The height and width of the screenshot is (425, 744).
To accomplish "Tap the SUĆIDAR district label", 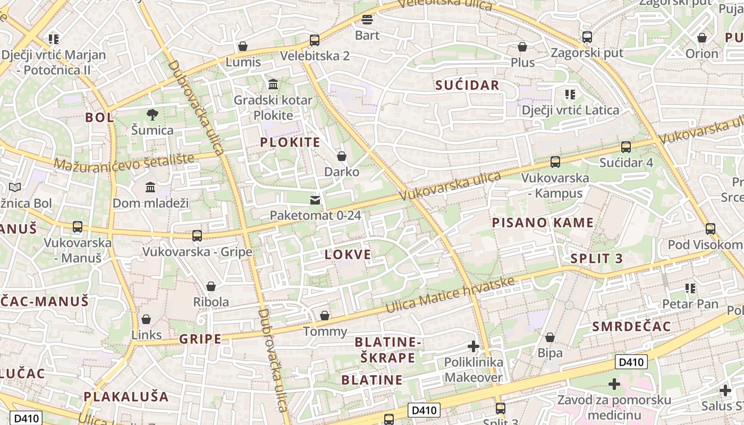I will click(467, 85).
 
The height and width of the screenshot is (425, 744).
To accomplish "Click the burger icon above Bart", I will click(367, 20).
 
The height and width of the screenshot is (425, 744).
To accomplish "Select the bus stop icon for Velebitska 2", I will click(315, 40).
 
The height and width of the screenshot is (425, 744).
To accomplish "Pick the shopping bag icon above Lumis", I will click(243, 47).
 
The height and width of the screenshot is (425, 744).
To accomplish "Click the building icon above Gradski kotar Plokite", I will click(273, 84).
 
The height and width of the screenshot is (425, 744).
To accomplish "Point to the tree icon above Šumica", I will click(152, 114).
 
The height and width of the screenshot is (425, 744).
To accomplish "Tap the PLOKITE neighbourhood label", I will click(290, 142).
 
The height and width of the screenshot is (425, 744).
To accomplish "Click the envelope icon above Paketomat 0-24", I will click(315, 200).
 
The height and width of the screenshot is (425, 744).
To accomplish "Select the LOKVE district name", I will click(348, 255).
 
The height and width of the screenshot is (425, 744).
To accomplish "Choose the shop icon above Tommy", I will click(325, 316).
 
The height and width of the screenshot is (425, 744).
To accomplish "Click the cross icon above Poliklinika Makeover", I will click(473, 347).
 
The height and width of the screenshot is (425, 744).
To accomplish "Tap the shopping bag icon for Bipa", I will click(550, 337).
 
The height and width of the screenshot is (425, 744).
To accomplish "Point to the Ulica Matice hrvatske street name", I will click(450, 295).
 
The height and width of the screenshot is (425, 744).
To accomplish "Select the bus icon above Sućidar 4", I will click(626, 147).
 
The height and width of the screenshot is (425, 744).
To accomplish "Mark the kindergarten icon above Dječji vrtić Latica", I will click(570, 95).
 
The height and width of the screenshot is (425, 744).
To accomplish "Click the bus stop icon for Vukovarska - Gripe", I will click(197, 235).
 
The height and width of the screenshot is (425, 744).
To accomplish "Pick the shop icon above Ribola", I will click(211, 286).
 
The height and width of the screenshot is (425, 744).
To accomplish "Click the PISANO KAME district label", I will click(542, 223).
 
